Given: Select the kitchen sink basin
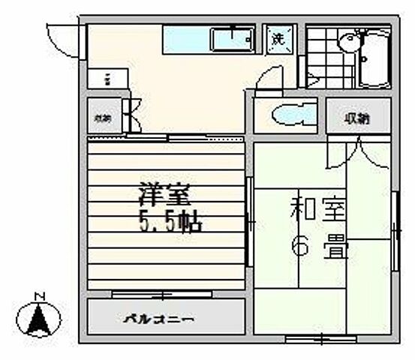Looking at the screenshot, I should coord(233,39).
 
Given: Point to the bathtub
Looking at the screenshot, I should coord(374,58).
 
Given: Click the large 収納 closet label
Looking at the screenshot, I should coord(358,118).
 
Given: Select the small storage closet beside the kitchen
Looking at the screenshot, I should coord(102,117).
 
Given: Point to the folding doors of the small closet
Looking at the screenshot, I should coord(131,116).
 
